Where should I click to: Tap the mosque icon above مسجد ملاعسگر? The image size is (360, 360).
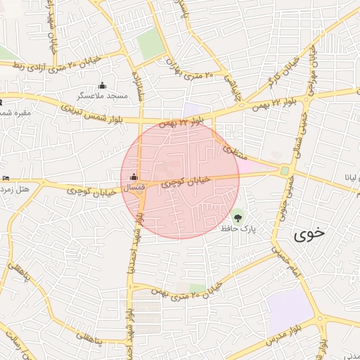pyautogui.click(x=103, y=84)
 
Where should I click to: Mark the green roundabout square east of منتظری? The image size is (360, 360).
pyautogui.click(x=285, y=170)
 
